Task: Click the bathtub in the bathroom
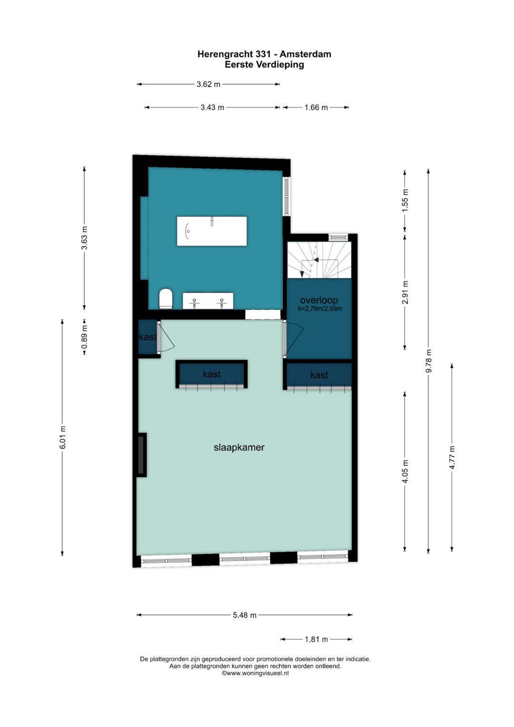212,231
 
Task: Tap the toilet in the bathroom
166,299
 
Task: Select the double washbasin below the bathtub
208,301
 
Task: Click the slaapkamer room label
239,448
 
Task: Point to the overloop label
319,300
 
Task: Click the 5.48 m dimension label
245,615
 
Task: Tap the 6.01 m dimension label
63,437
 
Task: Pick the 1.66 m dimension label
316,108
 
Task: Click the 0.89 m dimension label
84,337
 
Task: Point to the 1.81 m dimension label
316,639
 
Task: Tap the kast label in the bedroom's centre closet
212,374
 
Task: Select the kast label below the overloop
319,375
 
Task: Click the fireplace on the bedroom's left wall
141,455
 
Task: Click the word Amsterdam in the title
306,54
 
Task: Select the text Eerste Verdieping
265,65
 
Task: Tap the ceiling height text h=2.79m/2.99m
320,309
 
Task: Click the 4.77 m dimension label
452,458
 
